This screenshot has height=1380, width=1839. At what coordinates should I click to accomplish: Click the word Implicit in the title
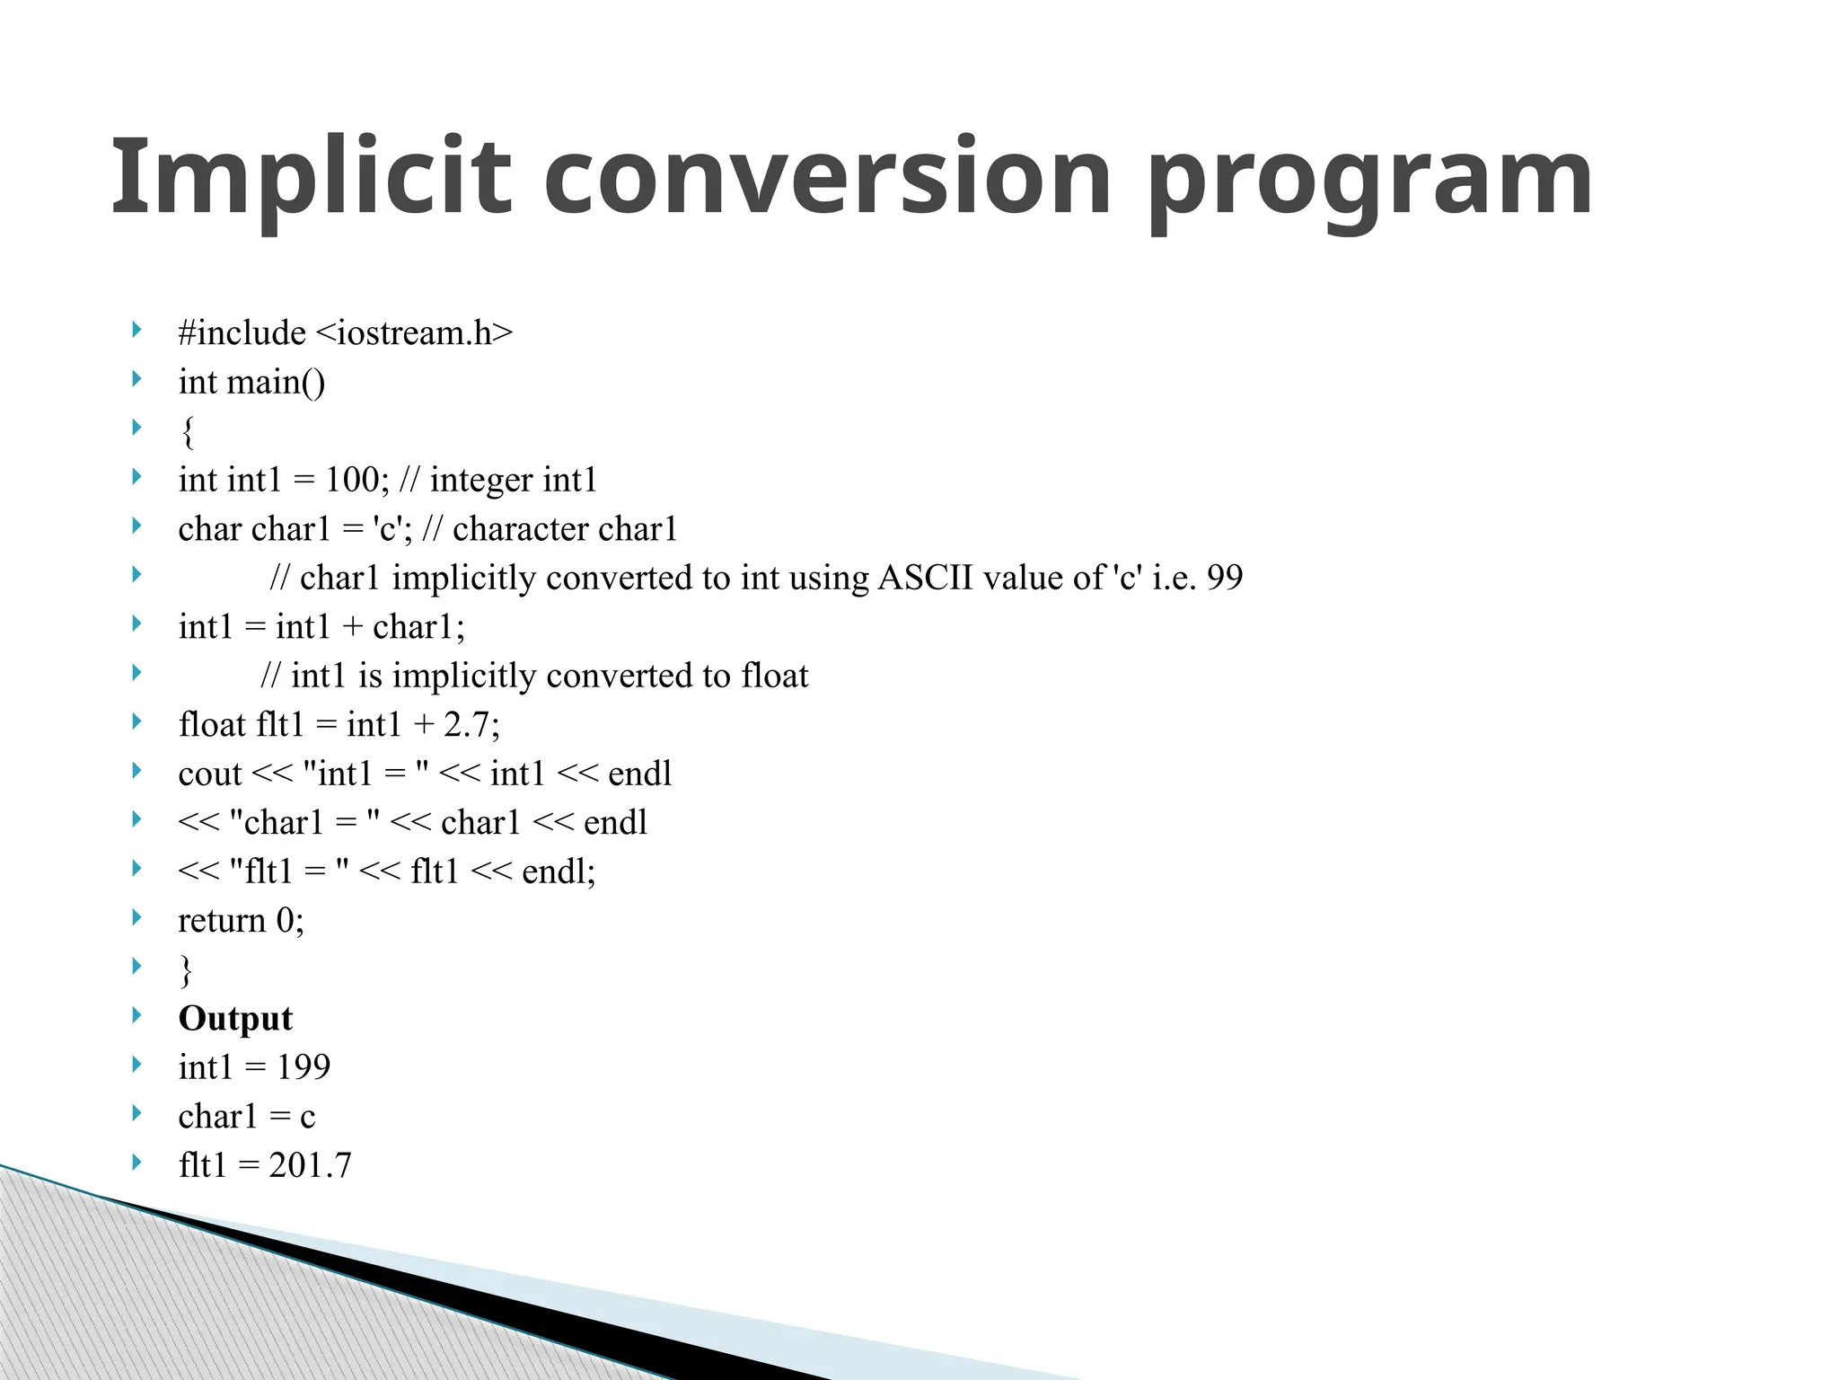(310, 177)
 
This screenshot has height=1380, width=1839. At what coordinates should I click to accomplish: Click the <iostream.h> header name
(414, 333)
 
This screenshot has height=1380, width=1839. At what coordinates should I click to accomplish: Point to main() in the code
(276, 383)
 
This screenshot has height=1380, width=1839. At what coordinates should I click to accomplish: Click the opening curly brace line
(187, 432)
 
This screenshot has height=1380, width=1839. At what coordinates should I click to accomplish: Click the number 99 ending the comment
(1224, 578)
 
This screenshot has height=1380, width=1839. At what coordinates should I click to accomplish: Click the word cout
(210, 774)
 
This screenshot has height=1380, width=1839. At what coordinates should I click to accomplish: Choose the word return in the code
(222, 920)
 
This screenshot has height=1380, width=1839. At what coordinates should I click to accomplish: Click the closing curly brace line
(186, 969)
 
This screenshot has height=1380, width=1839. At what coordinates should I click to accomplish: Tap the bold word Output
(235, 1019)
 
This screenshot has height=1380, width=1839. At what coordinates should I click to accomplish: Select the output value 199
(304, 1067)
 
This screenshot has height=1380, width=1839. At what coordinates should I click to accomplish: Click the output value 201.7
(311, 1165)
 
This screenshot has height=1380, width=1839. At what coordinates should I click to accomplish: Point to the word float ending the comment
(775, 676)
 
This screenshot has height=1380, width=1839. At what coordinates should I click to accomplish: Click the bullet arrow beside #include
(136, 330)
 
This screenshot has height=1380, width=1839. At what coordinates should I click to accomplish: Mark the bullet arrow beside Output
(136, 1015)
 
